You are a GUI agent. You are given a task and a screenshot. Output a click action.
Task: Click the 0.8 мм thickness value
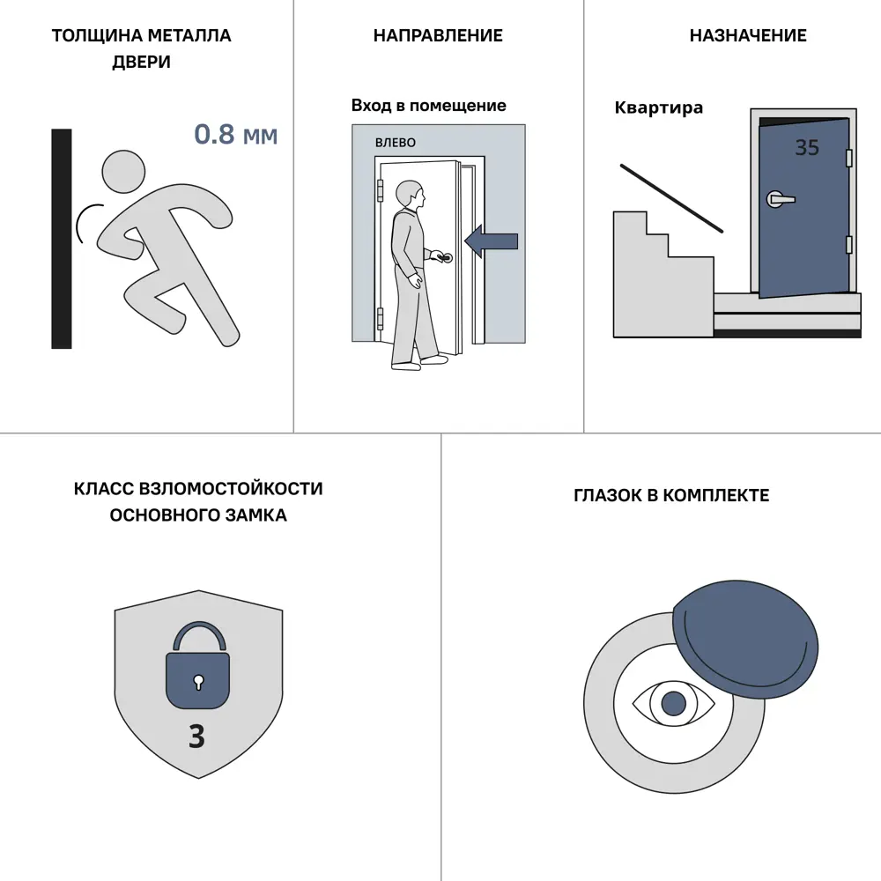pos(236,135)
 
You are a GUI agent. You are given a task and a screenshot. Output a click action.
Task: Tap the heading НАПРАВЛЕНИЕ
pos(438,35)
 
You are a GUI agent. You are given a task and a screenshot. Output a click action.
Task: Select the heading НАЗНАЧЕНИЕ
pos(748,35)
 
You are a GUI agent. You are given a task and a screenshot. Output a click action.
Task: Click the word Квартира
pos(658,107)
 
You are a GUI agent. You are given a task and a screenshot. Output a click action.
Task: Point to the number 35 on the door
pos(807,148)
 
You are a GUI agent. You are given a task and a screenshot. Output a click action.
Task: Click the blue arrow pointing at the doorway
pos(491,241)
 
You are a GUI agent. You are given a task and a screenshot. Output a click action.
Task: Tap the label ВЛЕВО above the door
pos(396,143)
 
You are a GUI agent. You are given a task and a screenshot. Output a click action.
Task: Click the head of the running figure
pos(123,172)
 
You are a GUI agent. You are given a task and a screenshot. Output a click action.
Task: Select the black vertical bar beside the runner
pos(62,239)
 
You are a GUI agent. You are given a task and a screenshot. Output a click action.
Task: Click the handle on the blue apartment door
pos(781,199)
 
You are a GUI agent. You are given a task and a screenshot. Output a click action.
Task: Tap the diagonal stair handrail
pos(671,197)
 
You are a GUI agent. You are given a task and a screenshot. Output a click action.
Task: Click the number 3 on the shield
pos(196,736)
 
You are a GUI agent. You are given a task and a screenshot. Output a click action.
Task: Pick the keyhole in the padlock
pos(197,682)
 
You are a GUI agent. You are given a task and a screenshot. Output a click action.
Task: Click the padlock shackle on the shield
pos(199,633)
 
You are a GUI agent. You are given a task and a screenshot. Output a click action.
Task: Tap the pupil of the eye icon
pos(674,703)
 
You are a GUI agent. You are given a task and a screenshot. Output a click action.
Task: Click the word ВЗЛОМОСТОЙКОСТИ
pos(230,489)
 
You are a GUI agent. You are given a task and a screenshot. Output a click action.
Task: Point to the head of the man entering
pos(410,195)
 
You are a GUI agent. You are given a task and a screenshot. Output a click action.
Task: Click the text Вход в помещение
pos(429,106)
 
